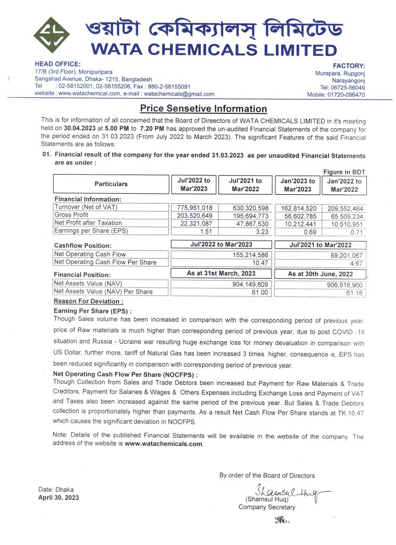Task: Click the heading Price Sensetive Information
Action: tap(203, 109)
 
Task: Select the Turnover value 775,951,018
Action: tap(194, 207)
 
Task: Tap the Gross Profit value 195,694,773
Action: tap(245, 215)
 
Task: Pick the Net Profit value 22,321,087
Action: tap(194, 222)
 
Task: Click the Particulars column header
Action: tap(111, 184)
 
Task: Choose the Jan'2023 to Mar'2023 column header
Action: tap(297, 185)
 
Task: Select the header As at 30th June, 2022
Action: tap(320, 274)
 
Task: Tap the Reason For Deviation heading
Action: tap(89, 301)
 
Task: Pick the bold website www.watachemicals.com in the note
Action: tap(164, 443)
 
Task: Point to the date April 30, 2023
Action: tap(58, 498)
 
